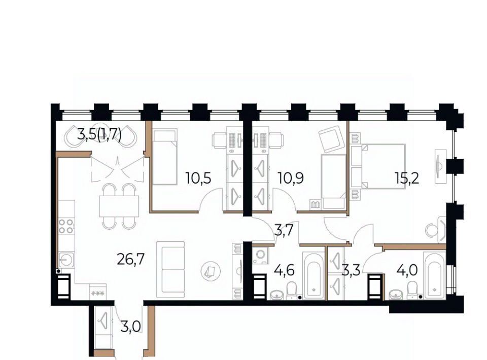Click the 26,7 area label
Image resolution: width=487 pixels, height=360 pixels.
point(131,259)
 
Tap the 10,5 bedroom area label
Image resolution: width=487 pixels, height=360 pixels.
point(198,178)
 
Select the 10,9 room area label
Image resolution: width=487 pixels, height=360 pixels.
point(290,178)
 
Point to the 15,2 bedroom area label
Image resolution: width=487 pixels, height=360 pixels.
point(407,178)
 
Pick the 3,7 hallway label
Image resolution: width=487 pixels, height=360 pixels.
point(284,231)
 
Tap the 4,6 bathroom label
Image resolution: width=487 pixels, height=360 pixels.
point(284,270)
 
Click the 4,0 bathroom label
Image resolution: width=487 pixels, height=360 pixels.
point(407,270)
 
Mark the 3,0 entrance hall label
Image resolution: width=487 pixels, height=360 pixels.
point(131,327)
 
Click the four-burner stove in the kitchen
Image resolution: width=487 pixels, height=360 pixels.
point(66,226)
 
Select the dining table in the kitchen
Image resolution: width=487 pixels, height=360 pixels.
point(119,206)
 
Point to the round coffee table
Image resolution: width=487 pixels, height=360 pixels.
point(211,271)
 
